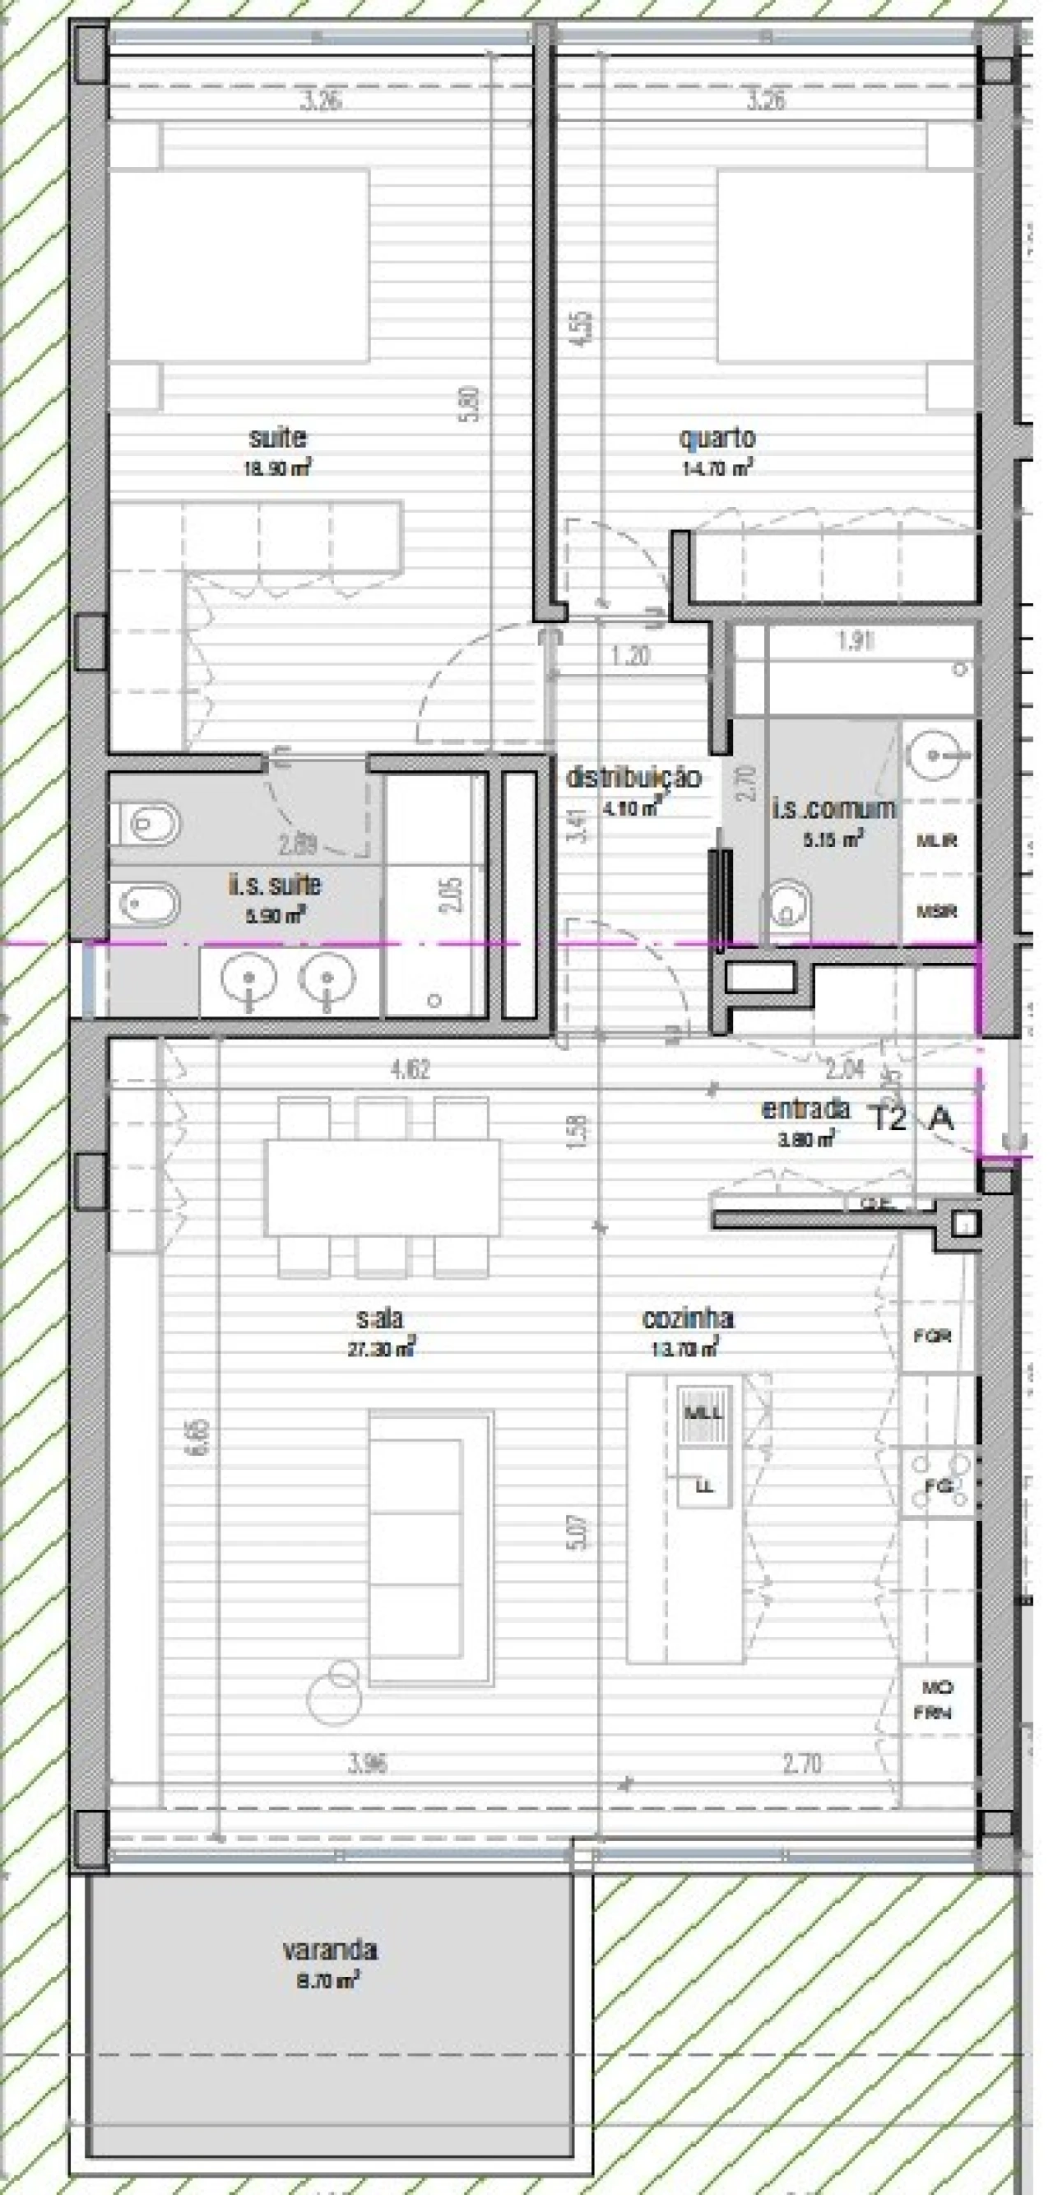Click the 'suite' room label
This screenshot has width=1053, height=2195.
coord(277,438)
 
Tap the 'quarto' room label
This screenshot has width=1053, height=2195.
coord(717,438)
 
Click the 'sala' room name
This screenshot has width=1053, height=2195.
coord(379,1318)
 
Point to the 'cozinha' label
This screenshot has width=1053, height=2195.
coord(687,1318)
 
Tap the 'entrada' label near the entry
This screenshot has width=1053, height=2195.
coord(805,1109)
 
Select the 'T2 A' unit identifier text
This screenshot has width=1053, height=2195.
coord(910,1118)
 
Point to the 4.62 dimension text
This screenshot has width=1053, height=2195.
coord(410,1068)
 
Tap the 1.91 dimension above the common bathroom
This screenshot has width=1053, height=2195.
coord(855,642)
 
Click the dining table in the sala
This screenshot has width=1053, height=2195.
coord(383,1187)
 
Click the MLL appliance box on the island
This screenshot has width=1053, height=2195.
coord(703,1414)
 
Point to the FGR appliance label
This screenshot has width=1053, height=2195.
coord(932,1336)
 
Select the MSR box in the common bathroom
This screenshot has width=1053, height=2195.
coord(936,911)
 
